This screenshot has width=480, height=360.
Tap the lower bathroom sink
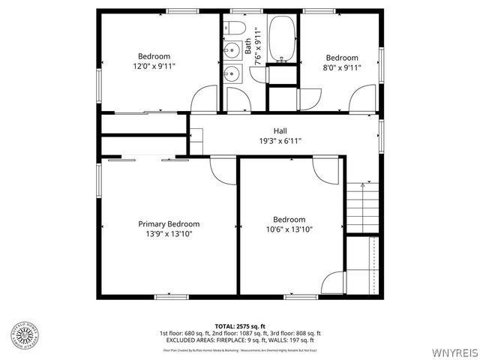click(x=232, y=73)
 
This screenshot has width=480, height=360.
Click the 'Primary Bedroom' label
click(x=169, y=223)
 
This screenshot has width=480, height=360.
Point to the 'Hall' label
click(x=280, y=130)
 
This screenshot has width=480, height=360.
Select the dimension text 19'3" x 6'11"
click(x=280, y=140)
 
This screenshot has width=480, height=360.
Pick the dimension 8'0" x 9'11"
click(x=341, y=67)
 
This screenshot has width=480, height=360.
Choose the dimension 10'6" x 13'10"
click(x=289, y=229)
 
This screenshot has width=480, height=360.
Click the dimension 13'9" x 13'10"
click(x=169, y=234)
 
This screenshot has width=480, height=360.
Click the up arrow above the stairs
click(x=362, y=184)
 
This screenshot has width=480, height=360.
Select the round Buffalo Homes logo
click(x=23, y=335)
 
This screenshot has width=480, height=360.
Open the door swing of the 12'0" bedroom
click(x=204, y=100)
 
